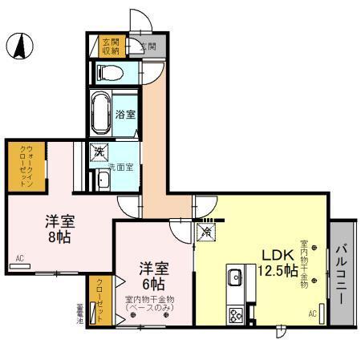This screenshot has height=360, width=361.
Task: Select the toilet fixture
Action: (109, 73)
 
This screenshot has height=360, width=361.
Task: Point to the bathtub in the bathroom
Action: (102, 113)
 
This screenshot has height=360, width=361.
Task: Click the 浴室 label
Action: (124, 114)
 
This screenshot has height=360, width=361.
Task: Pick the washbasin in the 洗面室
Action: (102, 180)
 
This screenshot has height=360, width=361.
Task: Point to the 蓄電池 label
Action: (80, 311)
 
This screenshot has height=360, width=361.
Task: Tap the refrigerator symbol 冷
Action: (206, 233)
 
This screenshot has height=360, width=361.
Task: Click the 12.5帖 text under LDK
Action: (275, 269)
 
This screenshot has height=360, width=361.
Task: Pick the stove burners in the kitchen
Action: (236, 314)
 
